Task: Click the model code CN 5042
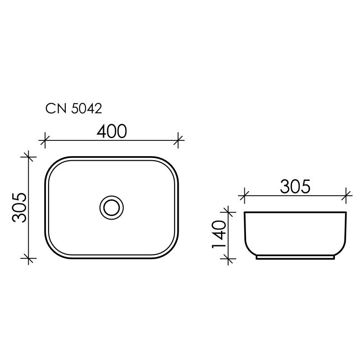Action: [74, 108]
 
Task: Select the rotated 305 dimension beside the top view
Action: [20, 207]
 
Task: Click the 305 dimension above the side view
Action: [295, 186]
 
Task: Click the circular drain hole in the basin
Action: [111, 207]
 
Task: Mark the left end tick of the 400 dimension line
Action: [44, 140]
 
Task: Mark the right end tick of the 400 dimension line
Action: [179, 140]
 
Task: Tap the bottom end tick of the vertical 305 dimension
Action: [29, 258]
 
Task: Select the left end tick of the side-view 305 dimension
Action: [244, 195]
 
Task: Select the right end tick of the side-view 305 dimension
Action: [347, 195]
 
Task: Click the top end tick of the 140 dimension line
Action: [229, 211]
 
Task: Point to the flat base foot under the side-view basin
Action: [295, 258]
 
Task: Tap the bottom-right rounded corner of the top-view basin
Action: [172, 252]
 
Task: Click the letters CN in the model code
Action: [56, 108]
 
